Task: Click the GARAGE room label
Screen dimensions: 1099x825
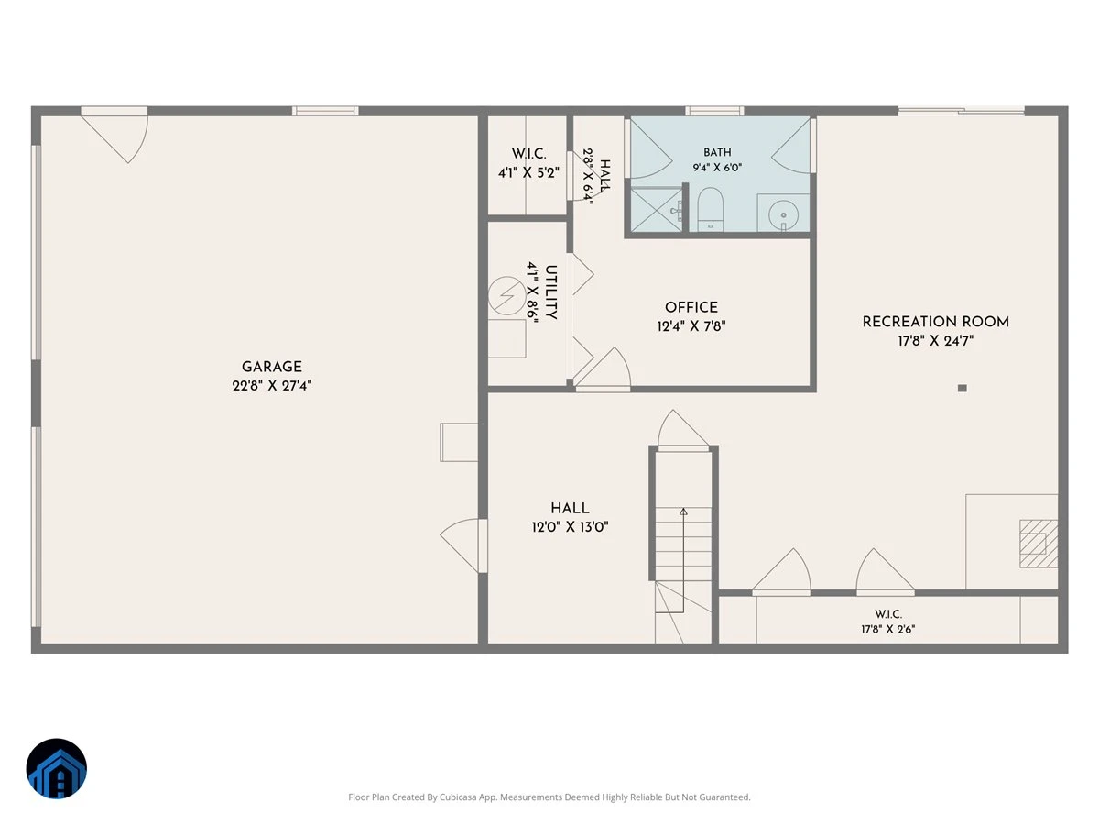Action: (x=271, y=367)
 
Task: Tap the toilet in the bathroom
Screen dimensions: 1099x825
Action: (x=710, y=209)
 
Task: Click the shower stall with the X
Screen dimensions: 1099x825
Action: (x=656, y=210)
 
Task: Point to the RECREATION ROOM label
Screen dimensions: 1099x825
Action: (x=935, y=322)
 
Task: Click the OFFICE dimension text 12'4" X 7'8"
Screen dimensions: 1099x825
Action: (x=691, y=326)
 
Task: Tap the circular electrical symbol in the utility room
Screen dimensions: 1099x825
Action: (x=506, y=295)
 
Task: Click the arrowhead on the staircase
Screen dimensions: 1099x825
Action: (x=683, y=511)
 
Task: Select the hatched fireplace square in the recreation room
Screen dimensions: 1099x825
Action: (x=1039, y=544)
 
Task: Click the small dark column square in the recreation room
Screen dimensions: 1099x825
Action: (x=962, y=388)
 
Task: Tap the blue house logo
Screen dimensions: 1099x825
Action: (x=57, y=768)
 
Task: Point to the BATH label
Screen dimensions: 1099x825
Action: (x=717, y=152)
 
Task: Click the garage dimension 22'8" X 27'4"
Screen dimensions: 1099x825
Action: (x=271, y=386)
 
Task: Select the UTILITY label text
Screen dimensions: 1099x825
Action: (x=550, y=292)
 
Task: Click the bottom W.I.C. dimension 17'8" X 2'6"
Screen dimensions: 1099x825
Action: (x=887, y=629)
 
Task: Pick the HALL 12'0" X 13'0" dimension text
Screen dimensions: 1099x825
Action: (x=570, y=526)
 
